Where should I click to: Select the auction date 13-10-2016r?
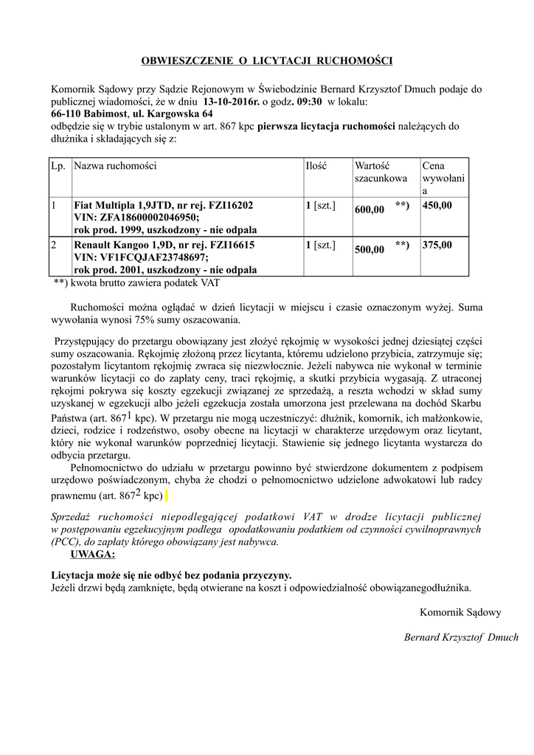[x=229, y=102]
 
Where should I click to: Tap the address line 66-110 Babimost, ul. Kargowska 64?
[x=132, y=114]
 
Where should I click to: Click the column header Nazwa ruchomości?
[x=116, y=166]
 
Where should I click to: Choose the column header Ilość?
[x=317, y=166]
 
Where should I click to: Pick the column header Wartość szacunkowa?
[x=381, y=172]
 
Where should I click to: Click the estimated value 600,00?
[x=370, y=210]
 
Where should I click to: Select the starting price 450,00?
[x=437, y=206]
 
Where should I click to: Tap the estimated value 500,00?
[x=370, y=250]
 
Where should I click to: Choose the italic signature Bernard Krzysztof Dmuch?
[x=461, y=637]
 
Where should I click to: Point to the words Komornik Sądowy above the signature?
[x=460, y=612]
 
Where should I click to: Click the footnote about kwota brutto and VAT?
[x=136, y=282]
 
